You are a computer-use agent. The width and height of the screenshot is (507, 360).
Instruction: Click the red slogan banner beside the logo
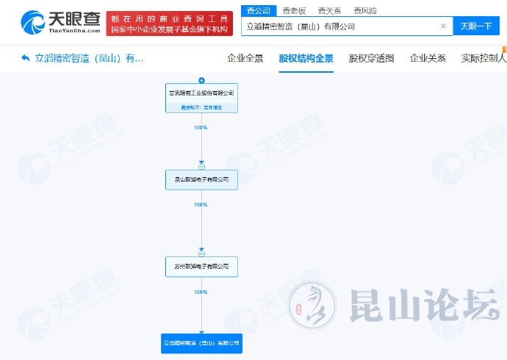169,24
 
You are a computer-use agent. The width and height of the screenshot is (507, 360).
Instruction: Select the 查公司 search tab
258,11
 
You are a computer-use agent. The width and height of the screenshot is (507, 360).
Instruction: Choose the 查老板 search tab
295,11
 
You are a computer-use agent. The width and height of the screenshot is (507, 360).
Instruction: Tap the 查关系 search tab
329,11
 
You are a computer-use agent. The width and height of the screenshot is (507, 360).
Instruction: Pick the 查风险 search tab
364,11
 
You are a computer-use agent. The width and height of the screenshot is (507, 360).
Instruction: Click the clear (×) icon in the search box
443,26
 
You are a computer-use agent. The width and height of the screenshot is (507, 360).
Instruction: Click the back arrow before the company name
26,57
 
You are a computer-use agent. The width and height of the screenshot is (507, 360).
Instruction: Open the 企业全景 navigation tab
245,58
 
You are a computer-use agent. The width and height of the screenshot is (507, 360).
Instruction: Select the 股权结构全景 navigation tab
306,58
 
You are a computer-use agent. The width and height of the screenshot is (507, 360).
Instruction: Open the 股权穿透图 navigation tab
371,58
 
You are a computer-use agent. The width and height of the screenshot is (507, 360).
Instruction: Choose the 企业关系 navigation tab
428,58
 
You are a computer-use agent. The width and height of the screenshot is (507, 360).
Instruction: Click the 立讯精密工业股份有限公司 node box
201,98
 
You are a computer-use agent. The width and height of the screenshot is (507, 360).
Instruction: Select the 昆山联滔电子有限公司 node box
201,179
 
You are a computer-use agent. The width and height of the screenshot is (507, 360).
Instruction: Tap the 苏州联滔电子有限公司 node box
201,266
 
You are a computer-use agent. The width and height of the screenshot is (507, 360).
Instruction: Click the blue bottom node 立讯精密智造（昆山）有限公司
201,343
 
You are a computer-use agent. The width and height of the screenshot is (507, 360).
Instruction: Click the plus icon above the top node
201,80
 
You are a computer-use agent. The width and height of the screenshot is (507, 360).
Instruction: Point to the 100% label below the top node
201,128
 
